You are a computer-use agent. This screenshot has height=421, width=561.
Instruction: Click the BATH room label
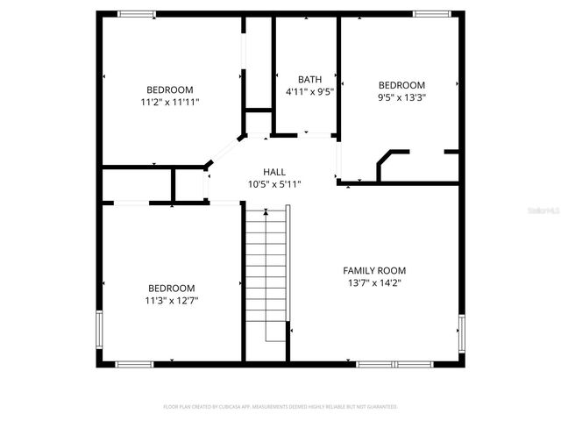pyautogui.click(x=309, y=79)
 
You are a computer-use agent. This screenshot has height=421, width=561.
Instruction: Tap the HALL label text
pyautogui.click(x=274, y=172)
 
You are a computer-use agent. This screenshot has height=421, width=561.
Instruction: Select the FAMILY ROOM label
pyautogui.click(x=373, y=271)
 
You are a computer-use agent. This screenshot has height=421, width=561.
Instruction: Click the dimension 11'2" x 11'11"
pyautogui.click(x=170, y=102)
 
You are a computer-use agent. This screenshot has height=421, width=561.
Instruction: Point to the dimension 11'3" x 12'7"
pyautogui.click(x=171, y=300)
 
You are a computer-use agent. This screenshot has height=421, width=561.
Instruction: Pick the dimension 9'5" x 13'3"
pyautogui.click(x=401, y=97)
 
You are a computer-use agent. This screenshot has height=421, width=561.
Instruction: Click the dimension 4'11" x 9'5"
pyautogui.click(x=309, y=91)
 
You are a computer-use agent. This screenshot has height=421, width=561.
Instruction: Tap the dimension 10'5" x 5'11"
pyautogui.click(x=274, y=184)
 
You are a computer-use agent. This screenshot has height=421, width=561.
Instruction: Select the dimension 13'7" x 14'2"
pyautogui.click(x=373, y=283)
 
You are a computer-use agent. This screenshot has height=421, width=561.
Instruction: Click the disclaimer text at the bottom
pyautogui.click(x=280, y=407)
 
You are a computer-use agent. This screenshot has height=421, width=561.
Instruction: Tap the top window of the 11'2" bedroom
pyautogui.click(x=137, y=13)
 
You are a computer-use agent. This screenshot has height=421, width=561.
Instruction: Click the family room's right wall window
pyautogui.click(x=461, y=332)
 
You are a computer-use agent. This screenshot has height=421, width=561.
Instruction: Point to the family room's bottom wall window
pyautogui.click(x=394, y=364)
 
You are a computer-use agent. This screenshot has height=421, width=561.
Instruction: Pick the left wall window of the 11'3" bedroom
pyautogui.click(x=100, y=330)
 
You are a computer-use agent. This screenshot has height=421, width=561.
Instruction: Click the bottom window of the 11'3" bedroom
pyautogui.click(x=135, y=364)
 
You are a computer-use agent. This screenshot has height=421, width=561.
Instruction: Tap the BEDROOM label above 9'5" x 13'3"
pyautogui.click(x=401, y=85)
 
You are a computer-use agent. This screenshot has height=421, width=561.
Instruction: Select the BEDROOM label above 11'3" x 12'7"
pyautogui.click(x=171, y=288)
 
